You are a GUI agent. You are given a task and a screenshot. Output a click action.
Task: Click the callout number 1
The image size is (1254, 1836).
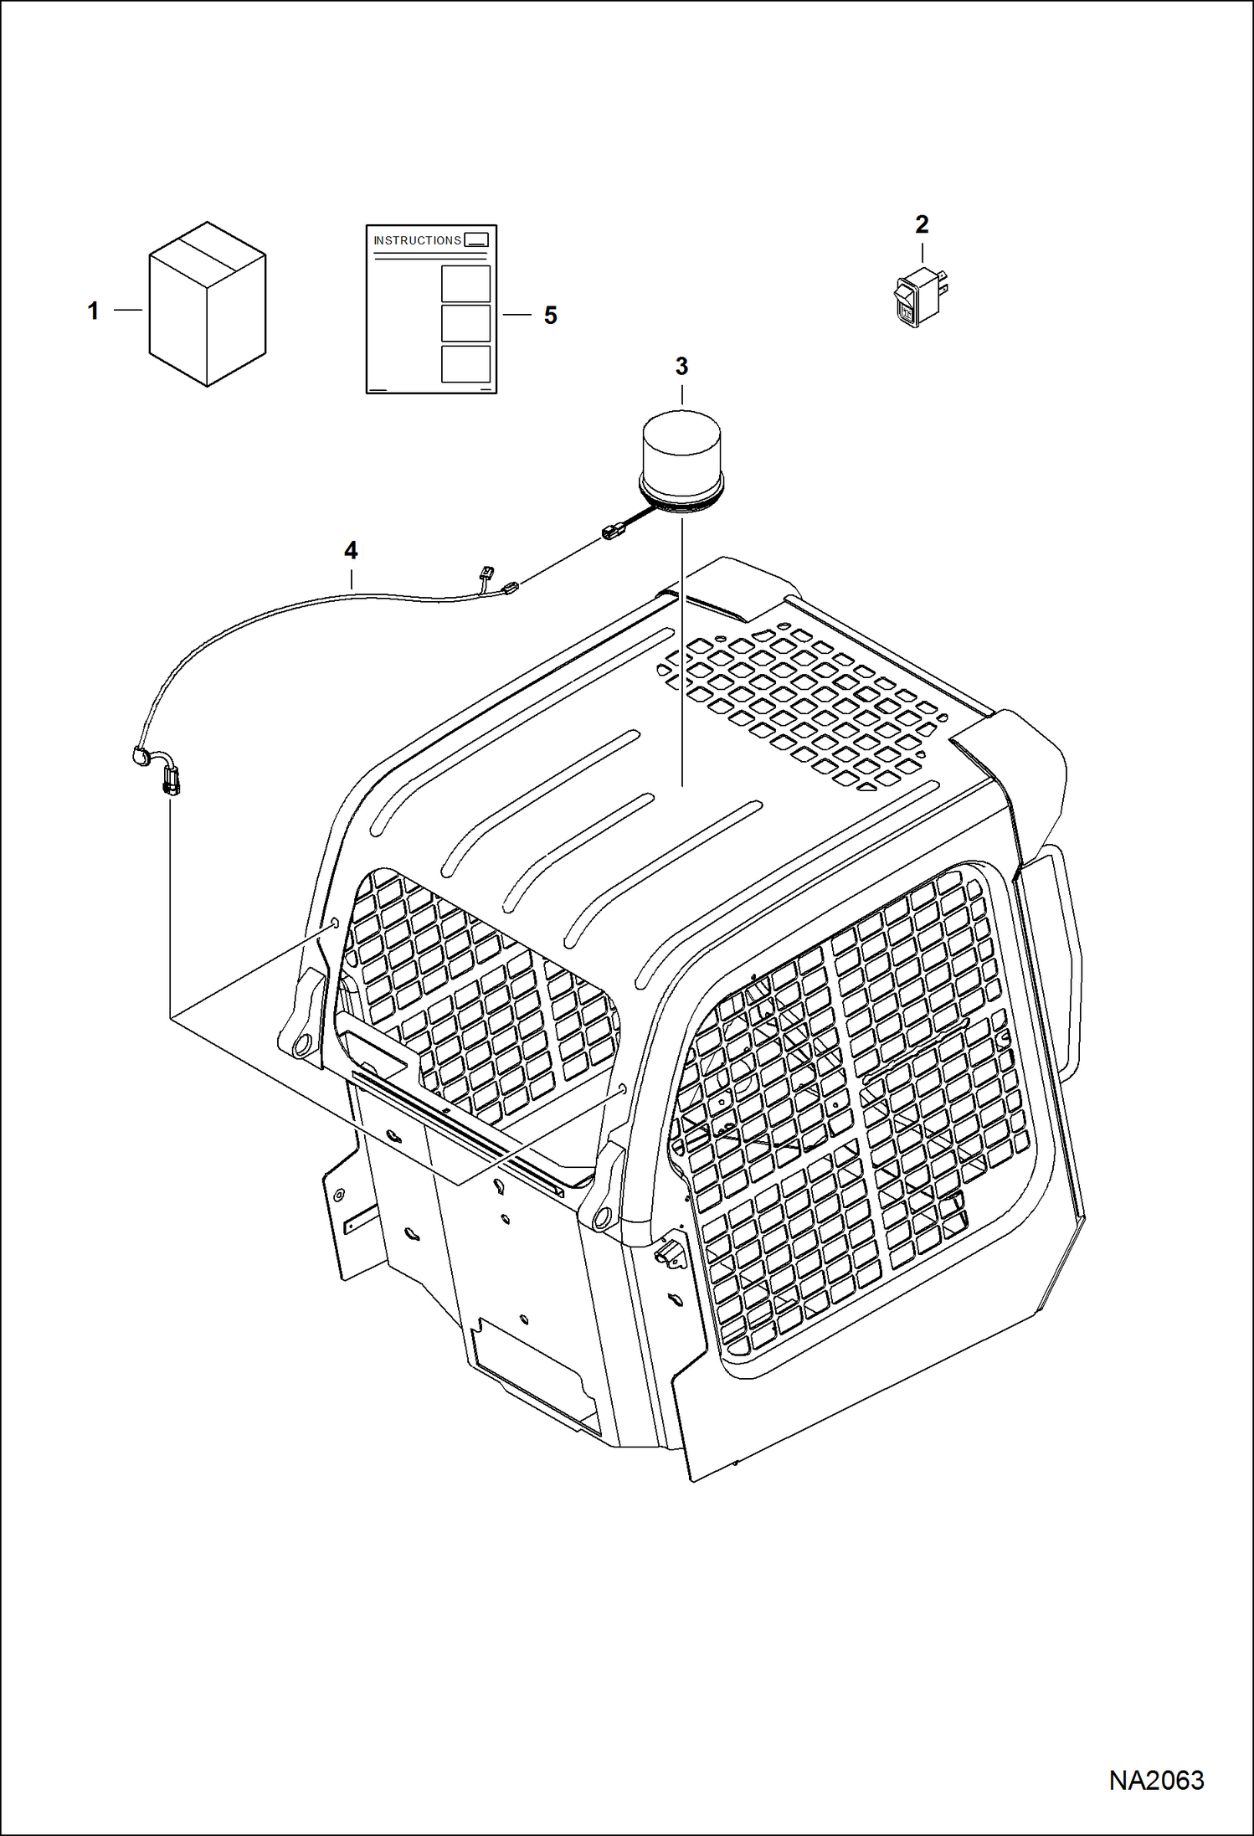(x=93, y=311)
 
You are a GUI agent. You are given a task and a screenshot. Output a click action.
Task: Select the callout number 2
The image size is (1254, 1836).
(x=922, y=224)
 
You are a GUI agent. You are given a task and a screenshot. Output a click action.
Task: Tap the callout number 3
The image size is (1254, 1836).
(x=681, y=366)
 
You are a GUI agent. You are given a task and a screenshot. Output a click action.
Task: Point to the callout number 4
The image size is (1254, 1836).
(x=351, y=550)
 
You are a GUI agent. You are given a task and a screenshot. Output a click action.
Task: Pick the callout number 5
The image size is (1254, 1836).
(x=550, y=315)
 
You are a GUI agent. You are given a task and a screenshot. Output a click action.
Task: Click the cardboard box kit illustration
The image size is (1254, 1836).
(x=207, y=305)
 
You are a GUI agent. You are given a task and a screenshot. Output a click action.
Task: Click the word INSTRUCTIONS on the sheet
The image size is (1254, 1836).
(x=417, y=240)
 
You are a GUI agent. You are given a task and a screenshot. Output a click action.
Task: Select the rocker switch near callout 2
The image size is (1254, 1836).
(x=918, y=296)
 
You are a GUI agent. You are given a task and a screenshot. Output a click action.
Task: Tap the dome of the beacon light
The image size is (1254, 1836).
(x=681, y=445)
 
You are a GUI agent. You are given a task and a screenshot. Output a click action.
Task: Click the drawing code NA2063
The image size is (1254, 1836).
(x=1156, y=1780)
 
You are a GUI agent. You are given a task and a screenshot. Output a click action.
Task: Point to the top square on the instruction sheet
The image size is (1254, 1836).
(x=465, y=284)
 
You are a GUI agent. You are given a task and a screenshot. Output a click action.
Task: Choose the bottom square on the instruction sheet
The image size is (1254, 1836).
(x=465, y=364)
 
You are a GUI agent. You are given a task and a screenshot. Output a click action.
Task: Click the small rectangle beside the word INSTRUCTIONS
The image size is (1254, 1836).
(x=475, y=239)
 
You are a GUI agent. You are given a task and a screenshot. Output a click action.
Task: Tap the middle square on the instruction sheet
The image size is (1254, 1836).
(x=465, y=324)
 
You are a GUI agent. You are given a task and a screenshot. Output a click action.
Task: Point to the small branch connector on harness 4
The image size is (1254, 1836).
(x=486, y=574)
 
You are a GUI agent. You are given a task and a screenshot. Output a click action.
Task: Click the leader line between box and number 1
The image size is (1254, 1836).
(x=128, y=311)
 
